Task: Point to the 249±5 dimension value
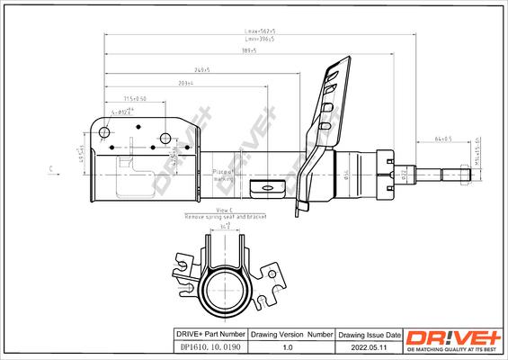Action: [201, 69]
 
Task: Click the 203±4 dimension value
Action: [186, 83]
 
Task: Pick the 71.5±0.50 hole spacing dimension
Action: [134, 98]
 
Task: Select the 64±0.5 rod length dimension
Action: [442, 139]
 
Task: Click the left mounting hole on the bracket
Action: [104, 133]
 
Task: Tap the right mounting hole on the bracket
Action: [165, 138]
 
